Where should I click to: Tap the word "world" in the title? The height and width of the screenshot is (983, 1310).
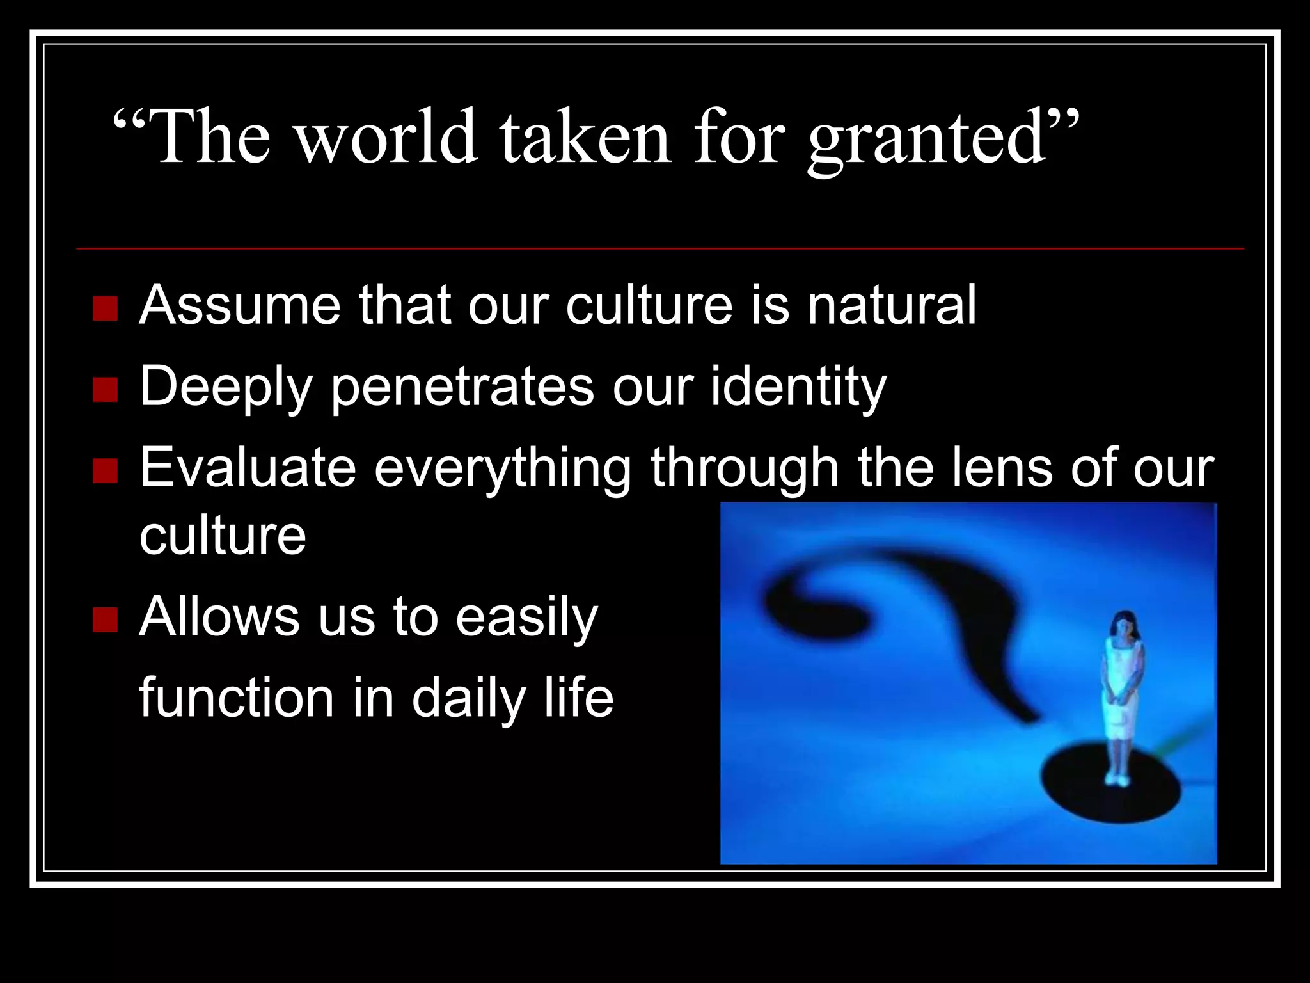point(387,138)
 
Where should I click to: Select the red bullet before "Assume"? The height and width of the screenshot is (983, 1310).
point(105,308)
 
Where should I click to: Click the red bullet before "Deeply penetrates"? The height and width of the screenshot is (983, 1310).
point(105,389)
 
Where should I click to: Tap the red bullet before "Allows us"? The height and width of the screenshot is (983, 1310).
point(105,619)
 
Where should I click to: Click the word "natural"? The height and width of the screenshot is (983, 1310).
point(892,305)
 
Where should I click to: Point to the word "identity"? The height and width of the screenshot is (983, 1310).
point(798,388)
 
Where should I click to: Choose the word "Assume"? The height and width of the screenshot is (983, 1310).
point(240,305)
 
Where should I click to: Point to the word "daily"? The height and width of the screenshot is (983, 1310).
point(470,699)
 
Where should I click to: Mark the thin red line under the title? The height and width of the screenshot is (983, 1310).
point(659,248)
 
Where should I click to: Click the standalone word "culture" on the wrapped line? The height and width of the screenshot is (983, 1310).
point(223,536)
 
